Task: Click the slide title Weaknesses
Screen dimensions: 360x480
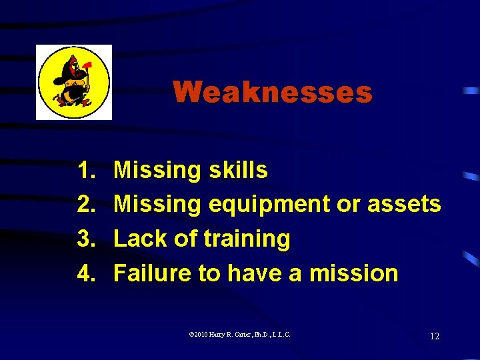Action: click(272, 92)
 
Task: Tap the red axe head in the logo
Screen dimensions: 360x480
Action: click(85, 67)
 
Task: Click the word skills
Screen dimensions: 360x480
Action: click(237, 171)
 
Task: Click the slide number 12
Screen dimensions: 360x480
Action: click(434, 336)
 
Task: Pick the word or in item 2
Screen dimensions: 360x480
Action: click(347, 205)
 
